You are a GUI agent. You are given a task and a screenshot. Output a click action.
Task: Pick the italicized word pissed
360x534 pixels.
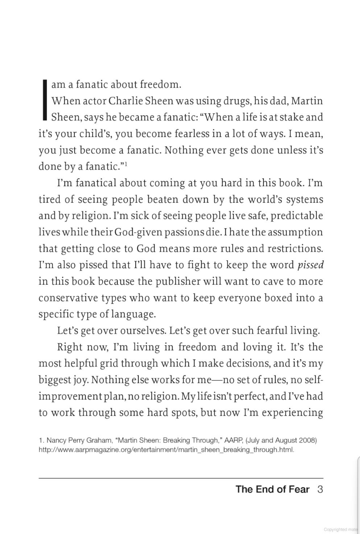pyautogui.click(x=310, y=265)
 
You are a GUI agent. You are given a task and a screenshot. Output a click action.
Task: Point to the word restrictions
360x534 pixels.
pyautogui.click(x=295, y=249)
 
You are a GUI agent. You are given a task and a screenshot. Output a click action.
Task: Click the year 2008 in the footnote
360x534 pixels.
pyautogui.click(x=308, y=441)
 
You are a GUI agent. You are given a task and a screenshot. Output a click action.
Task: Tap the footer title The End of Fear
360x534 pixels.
pyautogui.click(x=272, y=489)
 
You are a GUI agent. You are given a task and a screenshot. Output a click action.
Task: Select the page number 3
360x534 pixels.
pyautogui.click(x=320, y=489)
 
